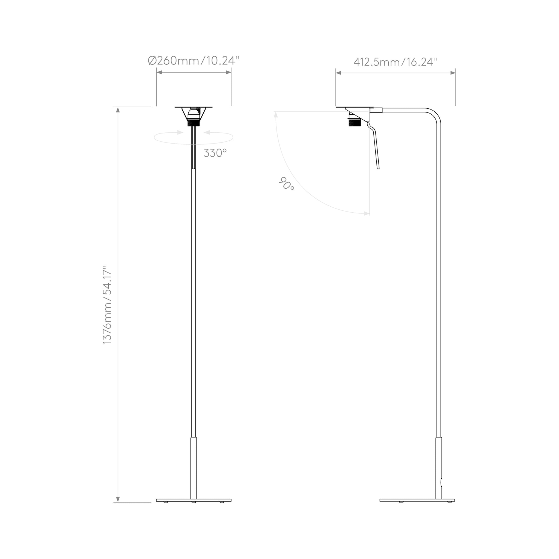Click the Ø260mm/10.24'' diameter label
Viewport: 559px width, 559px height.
(194, 61)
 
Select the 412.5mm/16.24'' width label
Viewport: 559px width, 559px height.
(395, 62)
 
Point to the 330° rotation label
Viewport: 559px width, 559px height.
(215, 153)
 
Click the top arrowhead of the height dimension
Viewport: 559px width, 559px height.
(118, 110)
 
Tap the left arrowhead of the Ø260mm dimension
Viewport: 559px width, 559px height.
(159, 72)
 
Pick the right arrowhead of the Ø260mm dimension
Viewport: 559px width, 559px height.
(228, 72)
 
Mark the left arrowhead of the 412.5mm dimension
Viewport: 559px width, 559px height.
(338, 73)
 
